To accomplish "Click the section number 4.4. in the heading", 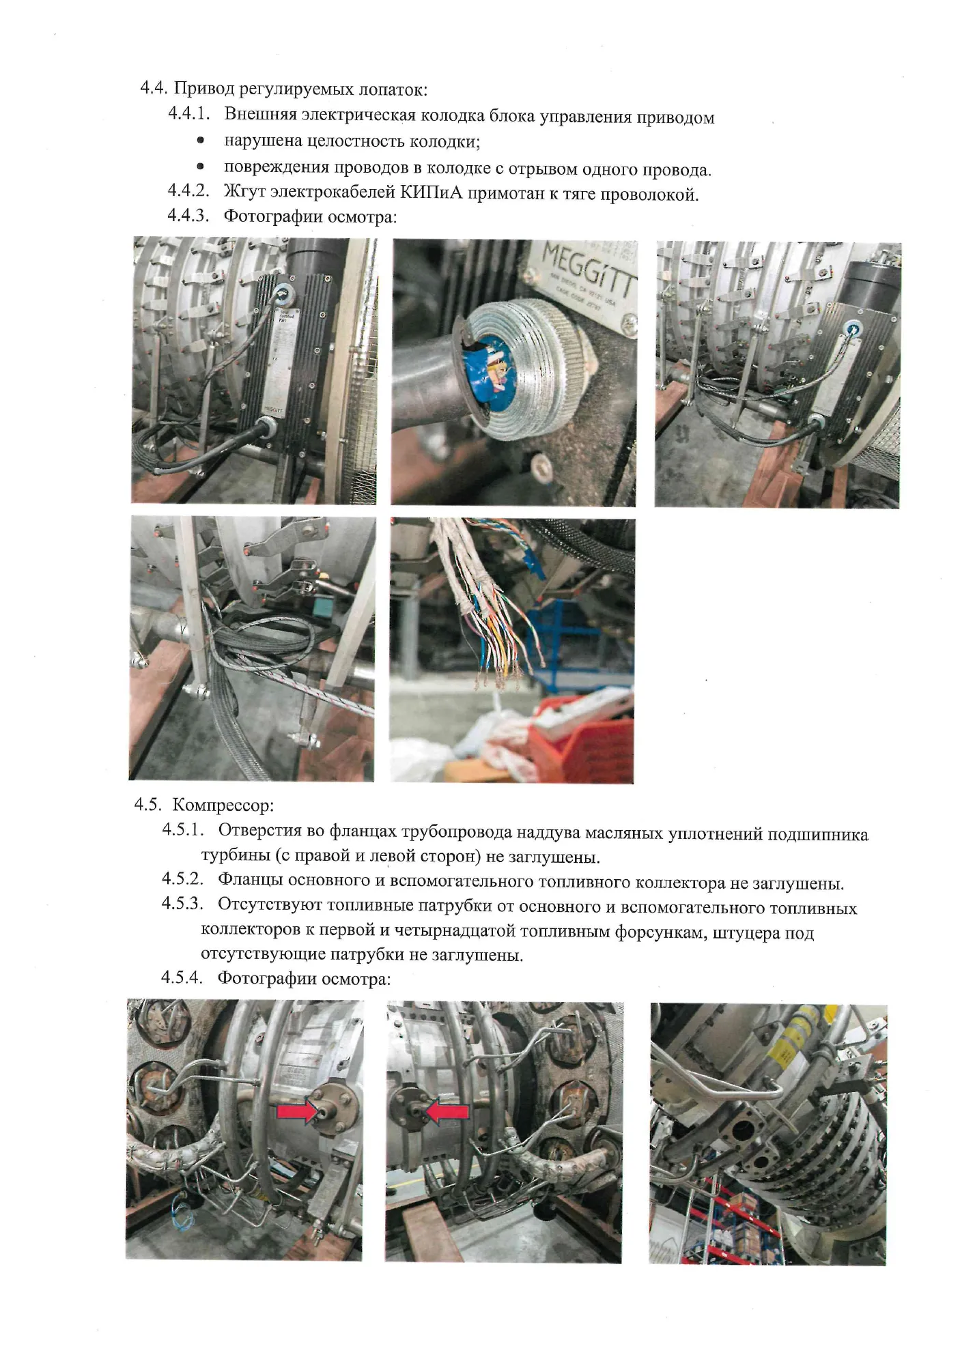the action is [x=154, y=88].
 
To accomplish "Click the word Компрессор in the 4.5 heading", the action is [x=223, y=805].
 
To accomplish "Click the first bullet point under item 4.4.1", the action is [x=200, y=141].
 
